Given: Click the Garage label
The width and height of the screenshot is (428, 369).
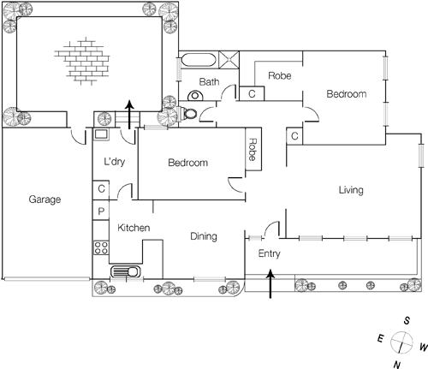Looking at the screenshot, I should (45, 199).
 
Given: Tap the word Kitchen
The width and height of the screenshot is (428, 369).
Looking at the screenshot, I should (134, 228).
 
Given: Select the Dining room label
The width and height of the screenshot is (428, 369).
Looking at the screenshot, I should (203, 237).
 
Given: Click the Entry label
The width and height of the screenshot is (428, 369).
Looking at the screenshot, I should (269, 254).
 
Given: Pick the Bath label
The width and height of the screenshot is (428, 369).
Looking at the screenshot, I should (209, 82).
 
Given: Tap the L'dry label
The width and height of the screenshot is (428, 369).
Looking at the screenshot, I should (115, 162).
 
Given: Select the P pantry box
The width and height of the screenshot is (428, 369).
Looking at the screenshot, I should (101, 211).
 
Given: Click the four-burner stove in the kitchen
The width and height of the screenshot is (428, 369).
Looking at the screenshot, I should (101, 249).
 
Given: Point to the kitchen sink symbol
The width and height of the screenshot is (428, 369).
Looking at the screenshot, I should (127, 272).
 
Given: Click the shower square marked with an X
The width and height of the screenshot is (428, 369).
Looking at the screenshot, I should (230, 60).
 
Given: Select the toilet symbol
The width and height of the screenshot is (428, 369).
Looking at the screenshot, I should (191, 113).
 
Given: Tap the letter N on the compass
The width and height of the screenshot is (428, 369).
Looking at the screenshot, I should (395, 364).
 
